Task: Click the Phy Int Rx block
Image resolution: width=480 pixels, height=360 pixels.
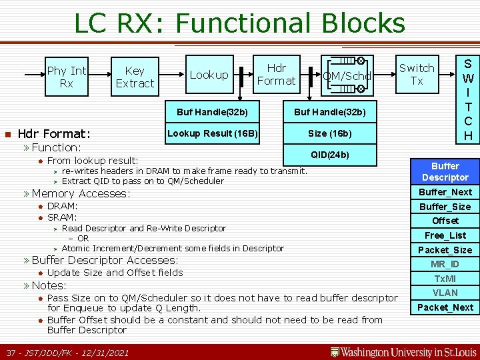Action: coord(66,77)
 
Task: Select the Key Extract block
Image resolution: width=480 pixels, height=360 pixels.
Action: coord(135,77)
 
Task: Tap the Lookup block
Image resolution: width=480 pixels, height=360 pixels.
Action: coord(209,75)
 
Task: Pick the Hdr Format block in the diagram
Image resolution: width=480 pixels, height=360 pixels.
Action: coord(276,74)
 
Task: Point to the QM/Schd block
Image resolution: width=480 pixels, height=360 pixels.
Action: coord(347,76)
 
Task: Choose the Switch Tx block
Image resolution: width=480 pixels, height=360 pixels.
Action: coord(417,74)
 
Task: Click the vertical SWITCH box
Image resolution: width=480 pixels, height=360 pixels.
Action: coord(468,99)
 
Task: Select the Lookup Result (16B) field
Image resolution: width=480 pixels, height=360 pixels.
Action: coord(213,134)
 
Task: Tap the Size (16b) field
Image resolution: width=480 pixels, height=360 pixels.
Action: coord(329,134)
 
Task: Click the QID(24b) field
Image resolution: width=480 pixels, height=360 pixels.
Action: coord(329,155)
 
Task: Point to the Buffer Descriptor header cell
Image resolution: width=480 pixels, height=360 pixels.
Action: coord(445,171)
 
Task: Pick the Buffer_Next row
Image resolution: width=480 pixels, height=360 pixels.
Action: coord(445,192)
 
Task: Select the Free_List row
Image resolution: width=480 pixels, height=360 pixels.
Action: coord(445,235)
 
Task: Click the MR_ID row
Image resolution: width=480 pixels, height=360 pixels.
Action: coord(445,264)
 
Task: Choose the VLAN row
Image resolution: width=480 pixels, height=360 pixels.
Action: coord(445,293)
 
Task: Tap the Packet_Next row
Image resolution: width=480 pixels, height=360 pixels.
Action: coord(445,307)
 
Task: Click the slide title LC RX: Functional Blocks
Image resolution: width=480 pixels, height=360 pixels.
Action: coord(239,23)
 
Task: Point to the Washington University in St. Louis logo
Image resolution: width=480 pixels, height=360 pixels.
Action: coord(402,351)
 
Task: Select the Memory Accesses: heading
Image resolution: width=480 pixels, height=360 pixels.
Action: coord(81,193)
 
